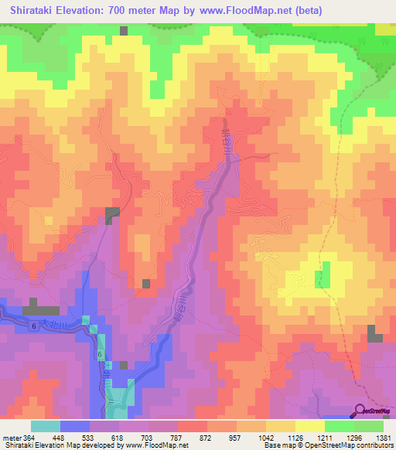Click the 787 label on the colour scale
pos(177,437)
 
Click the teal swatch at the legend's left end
pos(46,426)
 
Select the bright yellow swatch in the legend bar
pos(309,426)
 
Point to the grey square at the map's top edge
pos(124,31)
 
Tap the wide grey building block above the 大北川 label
pos(46,309)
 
